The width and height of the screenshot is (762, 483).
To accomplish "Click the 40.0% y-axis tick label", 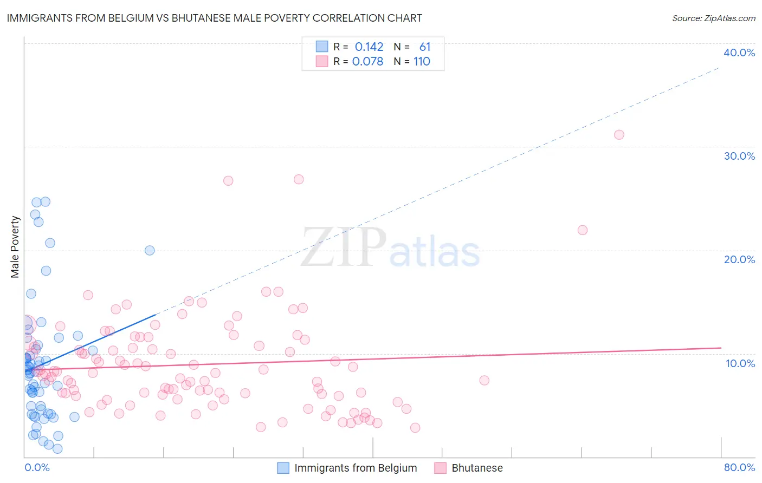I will point(739,53).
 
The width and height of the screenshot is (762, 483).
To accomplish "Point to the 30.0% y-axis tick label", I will point(739,156).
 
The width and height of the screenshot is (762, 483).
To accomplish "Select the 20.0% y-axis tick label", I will point(739,259).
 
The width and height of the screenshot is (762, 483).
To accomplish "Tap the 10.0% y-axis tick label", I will point(740,363).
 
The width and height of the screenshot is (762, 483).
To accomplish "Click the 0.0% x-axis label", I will point(37,467).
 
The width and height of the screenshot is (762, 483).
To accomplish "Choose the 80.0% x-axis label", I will point(739,467).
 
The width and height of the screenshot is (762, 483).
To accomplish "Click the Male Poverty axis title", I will point(15,247).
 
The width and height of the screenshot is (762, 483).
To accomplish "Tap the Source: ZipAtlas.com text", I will point(713,18).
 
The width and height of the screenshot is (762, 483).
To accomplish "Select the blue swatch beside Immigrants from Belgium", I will point(283,468).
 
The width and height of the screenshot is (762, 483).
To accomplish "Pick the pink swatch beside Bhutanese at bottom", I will point(440,468).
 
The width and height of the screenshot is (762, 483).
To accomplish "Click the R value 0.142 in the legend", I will point(369,47).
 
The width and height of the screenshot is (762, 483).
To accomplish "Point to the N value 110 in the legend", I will point(422,62).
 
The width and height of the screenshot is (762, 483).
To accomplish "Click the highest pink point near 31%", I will point(619,135).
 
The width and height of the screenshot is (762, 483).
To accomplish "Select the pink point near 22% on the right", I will point(583,230).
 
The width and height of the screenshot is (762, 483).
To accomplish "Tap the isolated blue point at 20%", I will point(150,250).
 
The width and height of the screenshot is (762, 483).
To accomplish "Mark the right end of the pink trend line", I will point(721,348).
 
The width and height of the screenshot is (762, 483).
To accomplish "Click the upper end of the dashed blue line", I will point(720,67).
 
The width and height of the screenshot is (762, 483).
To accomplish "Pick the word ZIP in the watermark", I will point(344,248).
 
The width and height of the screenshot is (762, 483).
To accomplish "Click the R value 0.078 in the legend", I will point(367,62).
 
